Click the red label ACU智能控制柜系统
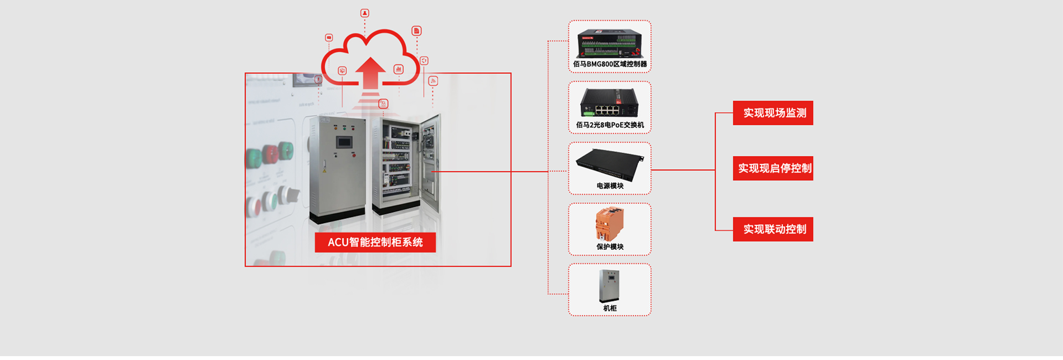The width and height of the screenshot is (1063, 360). pyautogui.click(x=375, y=242)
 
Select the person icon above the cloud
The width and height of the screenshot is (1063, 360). pyautogui.click(x=364, y=13)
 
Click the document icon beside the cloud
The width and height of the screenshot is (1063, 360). pyautogui.click(x=416, y=30)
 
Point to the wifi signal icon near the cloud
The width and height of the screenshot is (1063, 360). pyautogui.click(x=433, y=81)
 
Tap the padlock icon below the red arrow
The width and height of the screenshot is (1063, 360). pyautogui.click(x=383, y=104)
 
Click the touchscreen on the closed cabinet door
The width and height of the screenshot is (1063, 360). pyautogui.click(x=344, y=142)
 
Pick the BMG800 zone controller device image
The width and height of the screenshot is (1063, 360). pyautogui.click(x=610, y=44)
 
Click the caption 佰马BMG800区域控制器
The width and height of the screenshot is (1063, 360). pyautogui.click(x=610, y=64)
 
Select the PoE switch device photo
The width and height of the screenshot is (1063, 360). pyautogui.click(x=610, y=103)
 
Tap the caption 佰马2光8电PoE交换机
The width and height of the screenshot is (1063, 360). pyautogui.click(x=610, y=125)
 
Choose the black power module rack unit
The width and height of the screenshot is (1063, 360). pyautogui.click(x=610, y=163)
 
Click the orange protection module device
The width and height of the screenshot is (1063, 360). pyautogui.click(x=610, y=224)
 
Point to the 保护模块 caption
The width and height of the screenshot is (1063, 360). pyautogui.click(x=610, y=247)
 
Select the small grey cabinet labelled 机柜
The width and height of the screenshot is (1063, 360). pyautogui.click(x=609, y=286)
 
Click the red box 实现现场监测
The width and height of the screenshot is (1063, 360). pyautogui.click(x=773, y=113)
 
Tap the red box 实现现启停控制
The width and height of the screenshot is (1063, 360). pyautogui.click(x=773, y=168)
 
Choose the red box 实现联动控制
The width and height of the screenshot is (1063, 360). pyautogui.click(x=773, y=229)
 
